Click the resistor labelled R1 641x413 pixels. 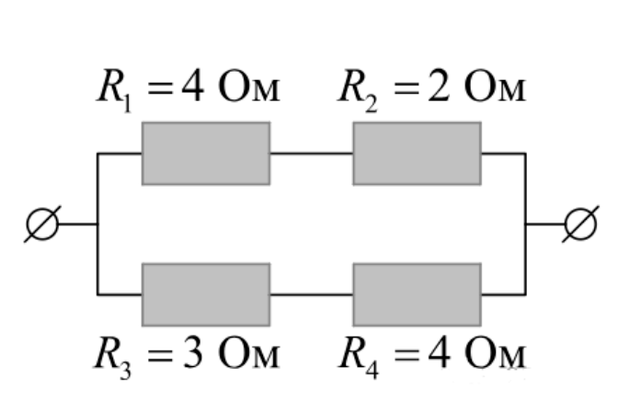click(x=206, y=154)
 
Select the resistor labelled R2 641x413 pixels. click(x=417, y=154)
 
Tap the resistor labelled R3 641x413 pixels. click(x=206, y=295)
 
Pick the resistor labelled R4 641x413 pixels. click(x=417, y=295)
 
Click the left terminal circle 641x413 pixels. click(x=42, y=224)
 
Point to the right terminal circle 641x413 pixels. click(x=580, y=224)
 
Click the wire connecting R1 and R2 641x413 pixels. click(x=312, y=154)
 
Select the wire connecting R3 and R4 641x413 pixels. click(x=312, y=294)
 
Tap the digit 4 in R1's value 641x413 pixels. click(x=192, y=87)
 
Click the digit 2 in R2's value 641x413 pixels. click(x=439, y=87)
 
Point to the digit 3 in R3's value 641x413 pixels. click(x=192, y=353)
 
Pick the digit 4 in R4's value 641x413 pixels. click(x=440, y=353)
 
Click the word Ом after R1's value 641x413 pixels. click(x=249, y=88)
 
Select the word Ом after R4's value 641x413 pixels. click(x=495, y=353)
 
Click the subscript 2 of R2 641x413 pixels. click(x=371, y=103)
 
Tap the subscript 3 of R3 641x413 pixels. click(x=125, y=371)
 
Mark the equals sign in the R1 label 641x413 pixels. click(x=160, y=88)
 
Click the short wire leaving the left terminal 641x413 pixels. click(x=77, y=224)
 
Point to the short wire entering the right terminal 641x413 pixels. click(x=545, y=224)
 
